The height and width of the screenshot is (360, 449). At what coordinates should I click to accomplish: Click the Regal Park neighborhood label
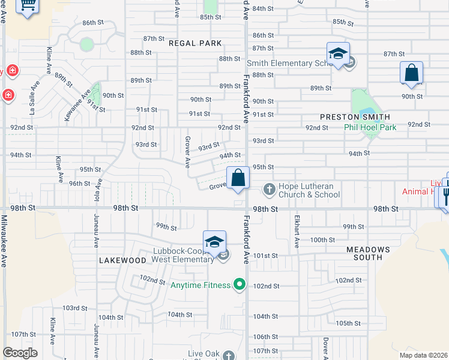point(195,43)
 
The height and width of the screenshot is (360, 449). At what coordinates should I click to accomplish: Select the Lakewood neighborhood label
point(122,260)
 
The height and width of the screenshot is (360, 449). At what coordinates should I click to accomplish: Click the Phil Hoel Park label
point(370,127)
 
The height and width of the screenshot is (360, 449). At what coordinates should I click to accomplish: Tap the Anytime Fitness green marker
point(240,284)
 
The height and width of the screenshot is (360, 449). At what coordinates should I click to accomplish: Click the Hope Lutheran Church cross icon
point(268,190)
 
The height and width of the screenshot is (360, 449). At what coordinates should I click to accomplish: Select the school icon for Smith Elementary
point(338,54)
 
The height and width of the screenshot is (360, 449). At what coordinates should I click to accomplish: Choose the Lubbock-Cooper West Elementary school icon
point(214,242)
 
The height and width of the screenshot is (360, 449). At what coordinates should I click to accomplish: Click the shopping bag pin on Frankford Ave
point(238,178)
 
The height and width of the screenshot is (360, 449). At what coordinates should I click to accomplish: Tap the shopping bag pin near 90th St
point(411,73)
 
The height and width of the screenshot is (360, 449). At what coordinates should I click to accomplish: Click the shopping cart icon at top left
point(27,6)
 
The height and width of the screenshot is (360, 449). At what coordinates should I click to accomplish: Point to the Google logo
point(20,353)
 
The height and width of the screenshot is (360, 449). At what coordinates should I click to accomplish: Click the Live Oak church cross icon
point(228,355)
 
